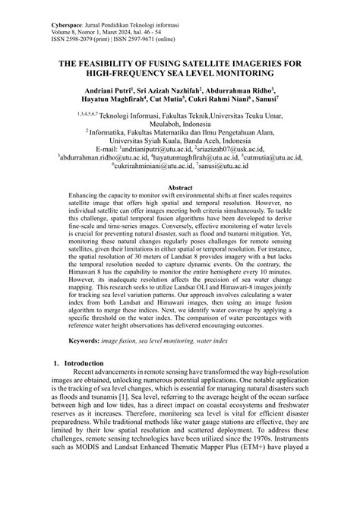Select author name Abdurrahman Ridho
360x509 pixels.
[x=242, y=90]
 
